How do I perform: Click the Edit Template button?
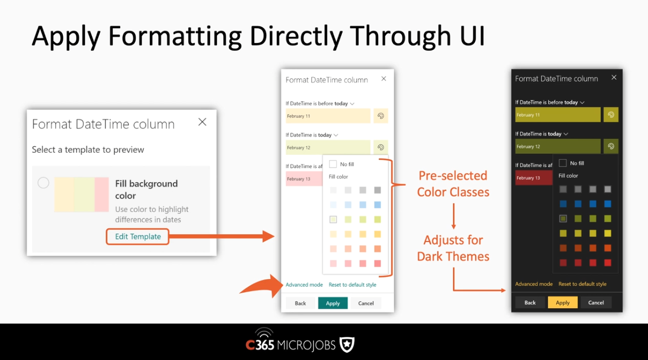[x=138, y=237]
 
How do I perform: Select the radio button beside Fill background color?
[x=44, y=182]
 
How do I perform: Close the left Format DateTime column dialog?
[x=202, y=122]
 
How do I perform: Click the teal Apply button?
[x=333, y=303]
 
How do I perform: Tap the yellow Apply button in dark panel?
[x=563, y=303]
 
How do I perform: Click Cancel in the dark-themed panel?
[x=596, y=303]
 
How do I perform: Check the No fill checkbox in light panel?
[x=333, y=164]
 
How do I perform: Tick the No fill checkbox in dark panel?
[x=563, y=163]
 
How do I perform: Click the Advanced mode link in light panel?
[x=304, y=285]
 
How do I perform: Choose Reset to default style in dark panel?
[x=582, y=284]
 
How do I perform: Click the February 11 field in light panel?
[x=328, y=116]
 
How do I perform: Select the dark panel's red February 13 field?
[x=534, y=178]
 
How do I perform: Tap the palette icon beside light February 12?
[x=381, y=147]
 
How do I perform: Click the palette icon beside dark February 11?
[x=611, y=115]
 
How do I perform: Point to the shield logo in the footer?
[x=347, y=345]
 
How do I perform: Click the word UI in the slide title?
[x=472, y=35]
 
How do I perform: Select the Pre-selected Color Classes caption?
[x=453, y=184]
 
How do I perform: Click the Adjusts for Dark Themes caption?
[x=453, y=248]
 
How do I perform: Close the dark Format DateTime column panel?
[x=614, y=77]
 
